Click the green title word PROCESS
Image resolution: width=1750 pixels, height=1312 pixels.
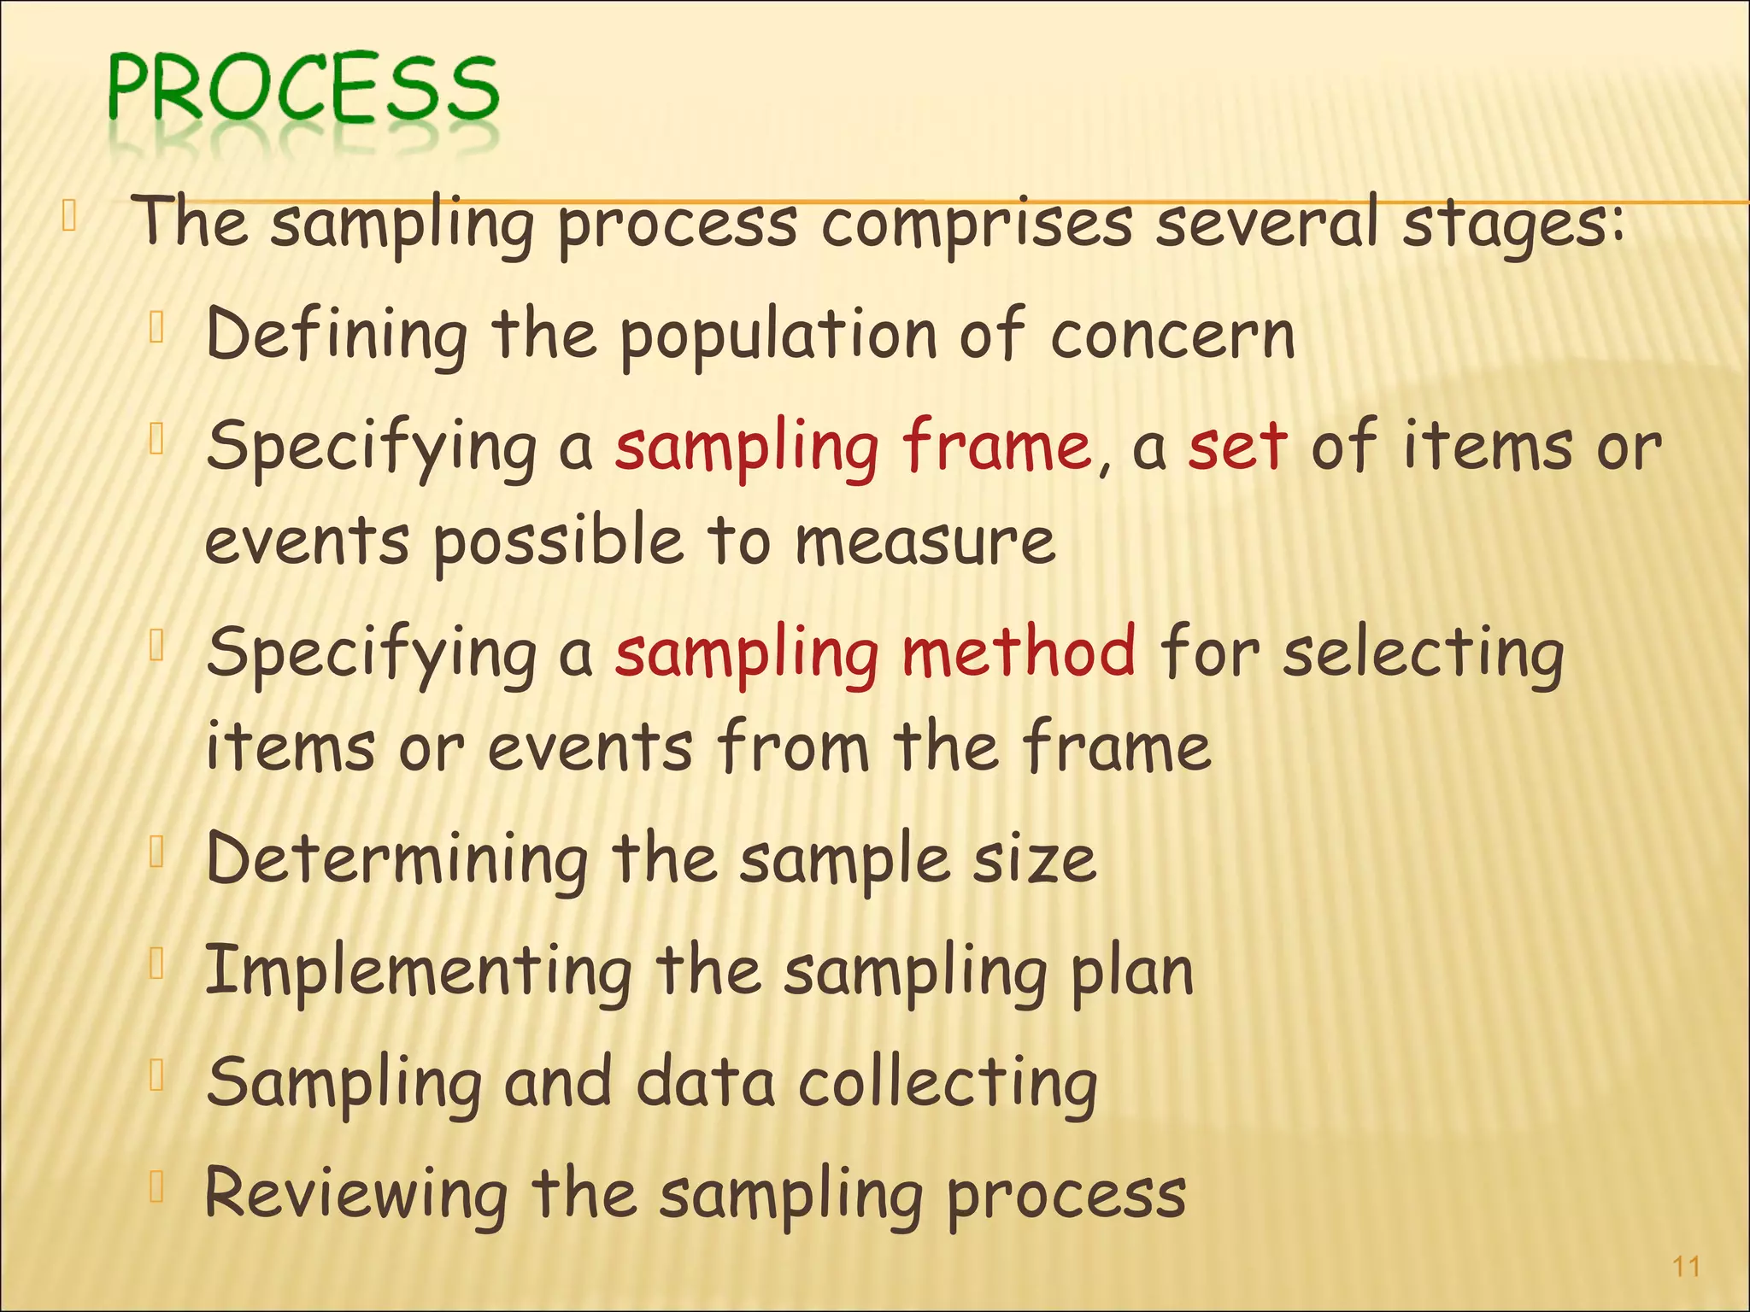(x=303, y=89)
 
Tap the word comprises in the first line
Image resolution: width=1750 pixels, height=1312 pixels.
(x=977, y=224)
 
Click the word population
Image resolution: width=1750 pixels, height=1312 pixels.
(x=778, y=337)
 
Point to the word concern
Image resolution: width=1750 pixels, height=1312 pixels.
(x=1172, y=335)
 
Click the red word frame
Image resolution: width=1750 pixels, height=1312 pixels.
(x=997, y=447)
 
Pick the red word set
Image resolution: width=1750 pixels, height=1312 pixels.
(x=1236, y=447)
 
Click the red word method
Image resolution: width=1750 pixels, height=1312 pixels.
(x=1019, y=652)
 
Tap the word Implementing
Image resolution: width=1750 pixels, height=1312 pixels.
(x=419, y=972)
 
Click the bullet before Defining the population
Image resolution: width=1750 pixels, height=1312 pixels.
(x=156, y=327)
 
